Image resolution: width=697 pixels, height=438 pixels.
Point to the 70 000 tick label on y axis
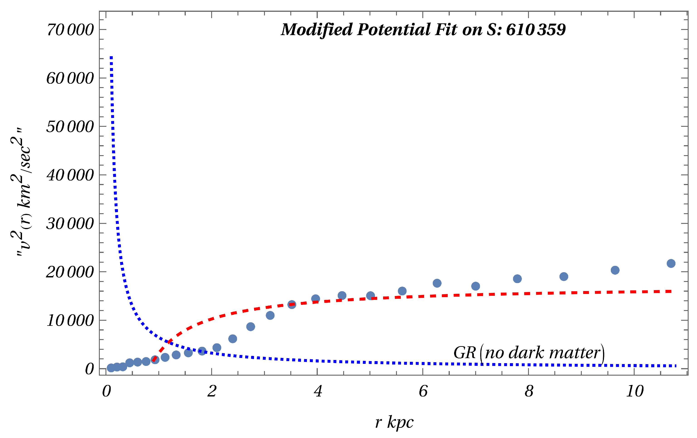pyautogui.click(x=70, y=30)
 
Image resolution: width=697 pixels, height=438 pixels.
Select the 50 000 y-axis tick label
pyautogui.click(x=70, y=127)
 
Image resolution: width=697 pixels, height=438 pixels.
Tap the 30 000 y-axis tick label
pyautogui.click(x=70, y=224)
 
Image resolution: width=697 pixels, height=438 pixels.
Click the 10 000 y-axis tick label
pyautogui.click(x=70, y=321)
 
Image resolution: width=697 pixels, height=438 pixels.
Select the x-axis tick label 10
pyautogui.click(x=634, y=392)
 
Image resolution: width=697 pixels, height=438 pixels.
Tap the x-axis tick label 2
pyautogui.click(x=212, y=392)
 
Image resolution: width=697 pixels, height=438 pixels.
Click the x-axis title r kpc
pyautogui.click(x=394, y=422)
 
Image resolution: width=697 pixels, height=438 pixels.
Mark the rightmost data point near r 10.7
pyautogui.click(x=671, y=263)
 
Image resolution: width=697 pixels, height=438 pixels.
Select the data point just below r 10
pyautogui.click(x=615, y=270)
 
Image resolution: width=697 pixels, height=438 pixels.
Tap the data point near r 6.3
pyautogui.click(x=437, y=283)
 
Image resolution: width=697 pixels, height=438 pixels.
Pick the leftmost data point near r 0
pyautogui.click(x=111, y=368)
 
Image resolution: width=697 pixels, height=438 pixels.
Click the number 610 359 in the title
pyautogui.click(x=536, y=30)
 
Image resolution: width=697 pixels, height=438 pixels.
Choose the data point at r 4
pyautogui.click(x=315, y=299)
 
